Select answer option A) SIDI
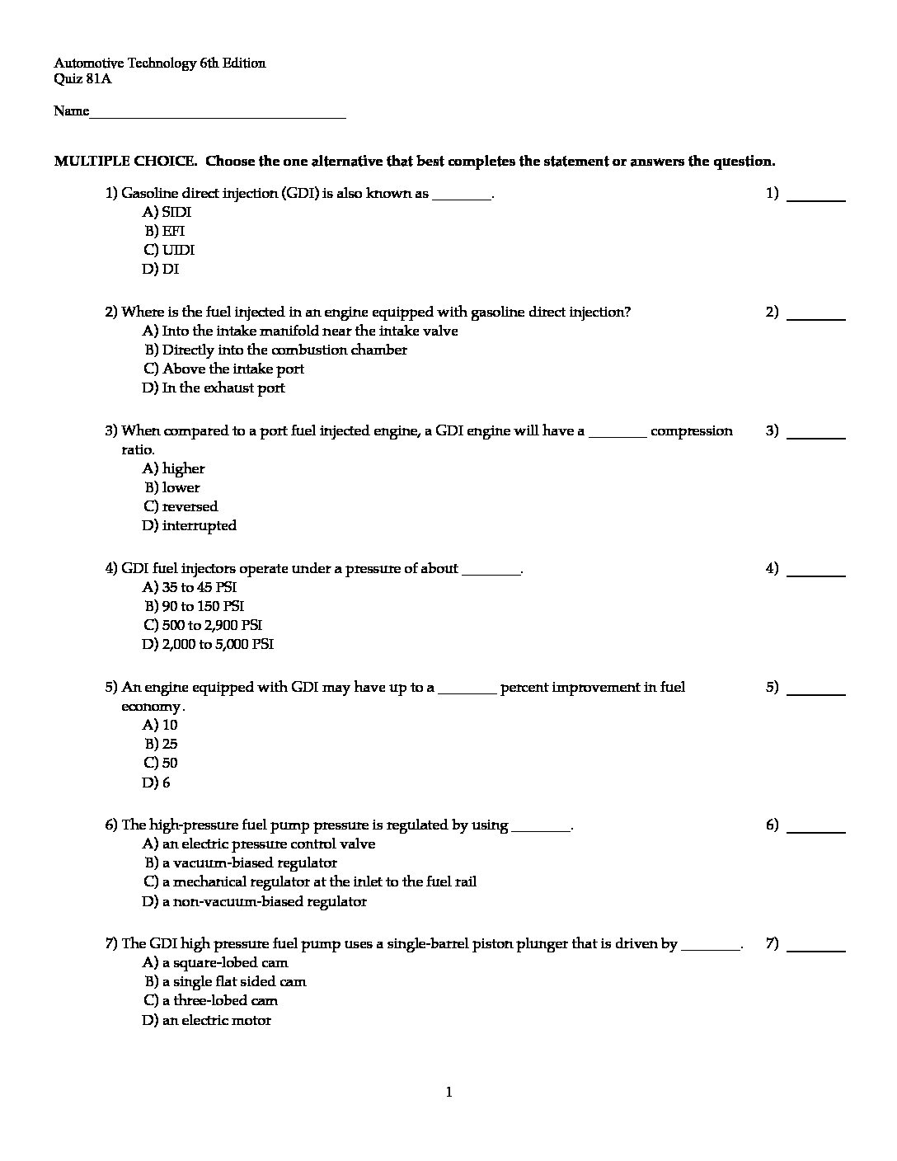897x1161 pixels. click(x=167, y=212)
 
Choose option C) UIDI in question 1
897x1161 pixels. click(x=169, y=250)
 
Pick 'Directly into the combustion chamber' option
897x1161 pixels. click(x=276, y=350)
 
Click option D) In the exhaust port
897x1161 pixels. click(x=214, y=388)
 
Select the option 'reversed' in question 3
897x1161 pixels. click(x=181, y=506)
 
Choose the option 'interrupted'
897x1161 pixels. click(x=190, y=525)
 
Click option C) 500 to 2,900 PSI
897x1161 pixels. click(x=203, y=625)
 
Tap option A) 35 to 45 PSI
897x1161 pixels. click(x=190, y=587)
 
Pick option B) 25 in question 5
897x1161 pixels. click(x=162, y=744)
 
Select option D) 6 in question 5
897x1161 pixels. click(x=157, y=783)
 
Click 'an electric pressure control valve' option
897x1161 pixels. click(x=259, y=844)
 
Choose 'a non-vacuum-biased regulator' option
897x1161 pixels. click(x=255, y=901)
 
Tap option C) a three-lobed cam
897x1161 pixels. click(x=210, y=1000)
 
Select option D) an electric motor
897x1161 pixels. click(x=207, y=1020)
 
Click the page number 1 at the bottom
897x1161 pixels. click(x=448, y=1093)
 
